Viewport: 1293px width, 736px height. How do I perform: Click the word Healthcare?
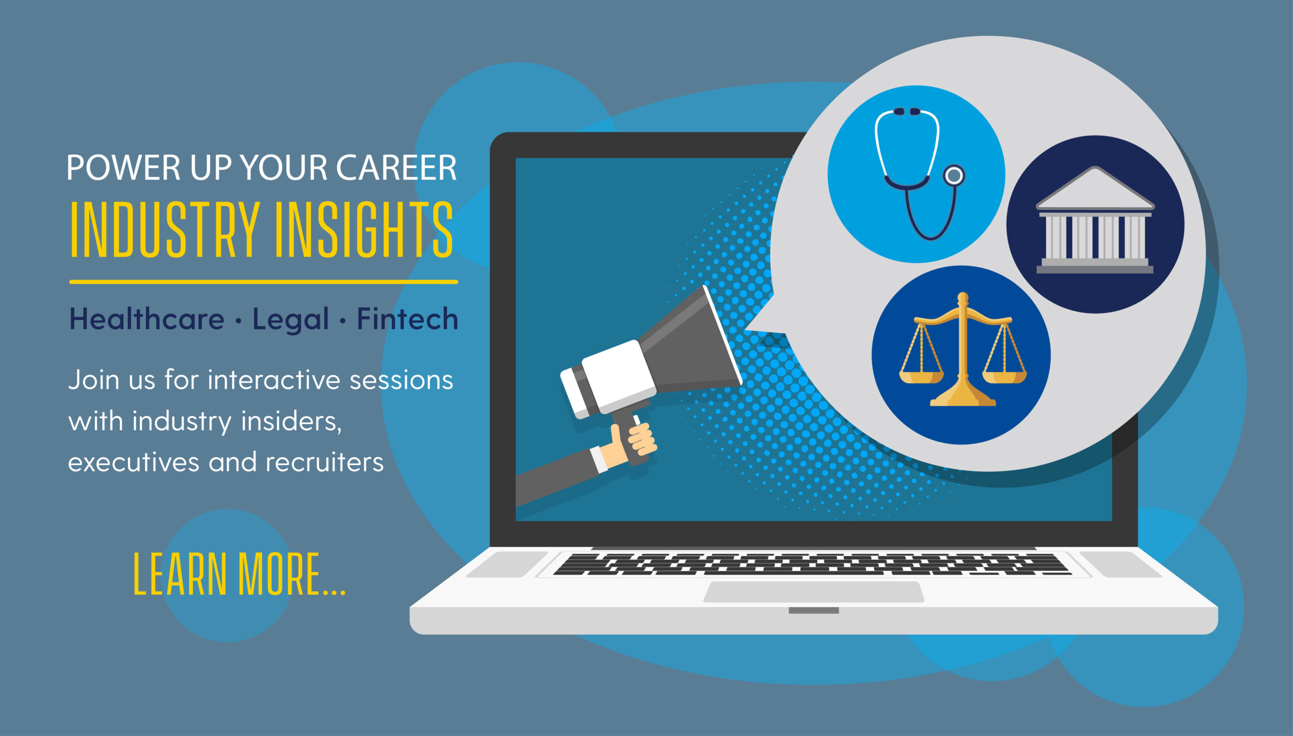tap(146, 319)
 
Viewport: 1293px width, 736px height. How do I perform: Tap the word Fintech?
tap(407, 319)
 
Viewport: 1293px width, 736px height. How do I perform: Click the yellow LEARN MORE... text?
tap(239, 574)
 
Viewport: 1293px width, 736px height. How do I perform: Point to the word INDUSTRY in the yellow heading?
tap(165, 229)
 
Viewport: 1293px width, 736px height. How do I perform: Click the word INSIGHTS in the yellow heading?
tap(364, 229)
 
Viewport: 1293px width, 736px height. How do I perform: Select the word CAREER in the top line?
tap(396, 167)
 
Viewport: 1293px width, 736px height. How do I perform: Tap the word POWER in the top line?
tap(123, 167)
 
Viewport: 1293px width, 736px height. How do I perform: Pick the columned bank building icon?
tap(1095, 220)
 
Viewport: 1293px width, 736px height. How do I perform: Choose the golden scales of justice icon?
tap(963, 349)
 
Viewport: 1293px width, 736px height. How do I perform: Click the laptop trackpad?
tap(814, 592)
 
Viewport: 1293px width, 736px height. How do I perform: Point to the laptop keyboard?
tap(812, 564)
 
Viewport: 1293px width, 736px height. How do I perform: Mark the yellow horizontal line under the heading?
tap(264, 281)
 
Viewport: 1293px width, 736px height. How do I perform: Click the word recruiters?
tap(324, 462)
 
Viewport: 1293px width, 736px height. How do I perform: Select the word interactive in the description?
tap(274, 380)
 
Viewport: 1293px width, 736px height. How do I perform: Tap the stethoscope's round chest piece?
tap(954, 175)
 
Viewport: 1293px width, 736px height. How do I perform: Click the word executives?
tap(133, 462)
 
